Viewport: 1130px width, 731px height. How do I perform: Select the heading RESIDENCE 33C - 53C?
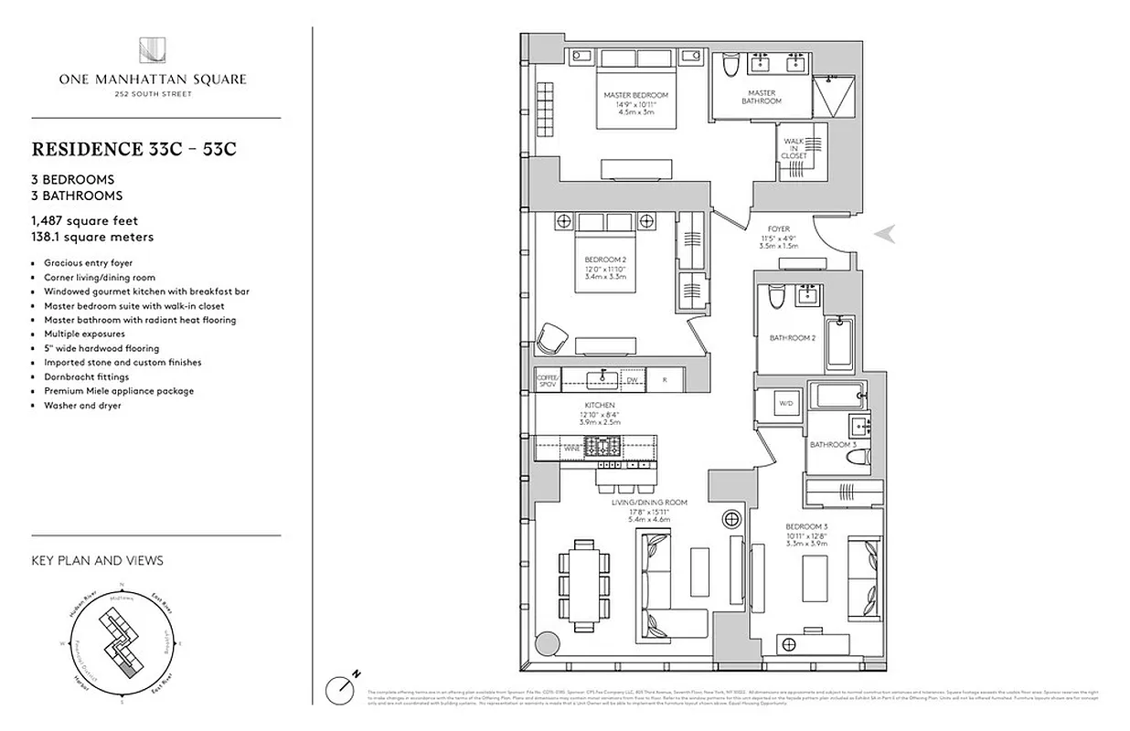click(x=133, y=150)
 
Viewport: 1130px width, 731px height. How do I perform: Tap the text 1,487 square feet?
click(x=85, y=220)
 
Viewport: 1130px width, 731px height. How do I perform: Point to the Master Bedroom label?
click(x=635, y=95)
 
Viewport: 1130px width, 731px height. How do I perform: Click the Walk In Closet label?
click(x=794, y=148)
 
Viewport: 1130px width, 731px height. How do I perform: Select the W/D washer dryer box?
click(x=785, y=402)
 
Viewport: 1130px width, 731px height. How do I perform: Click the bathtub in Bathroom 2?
click(x=838, y=341)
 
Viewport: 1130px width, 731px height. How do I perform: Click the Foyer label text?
click(x=778, y=229)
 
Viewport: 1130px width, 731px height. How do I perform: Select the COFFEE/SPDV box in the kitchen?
click(x=546, y=379)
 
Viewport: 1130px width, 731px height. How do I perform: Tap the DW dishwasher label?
click(x=631, y=379)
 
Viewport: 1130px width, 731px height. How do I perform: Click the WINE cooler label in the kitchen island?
click(x=570, y=449)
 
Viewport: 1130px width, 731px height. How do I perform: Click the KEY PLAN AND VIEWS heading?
click(x=97, y=560)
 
